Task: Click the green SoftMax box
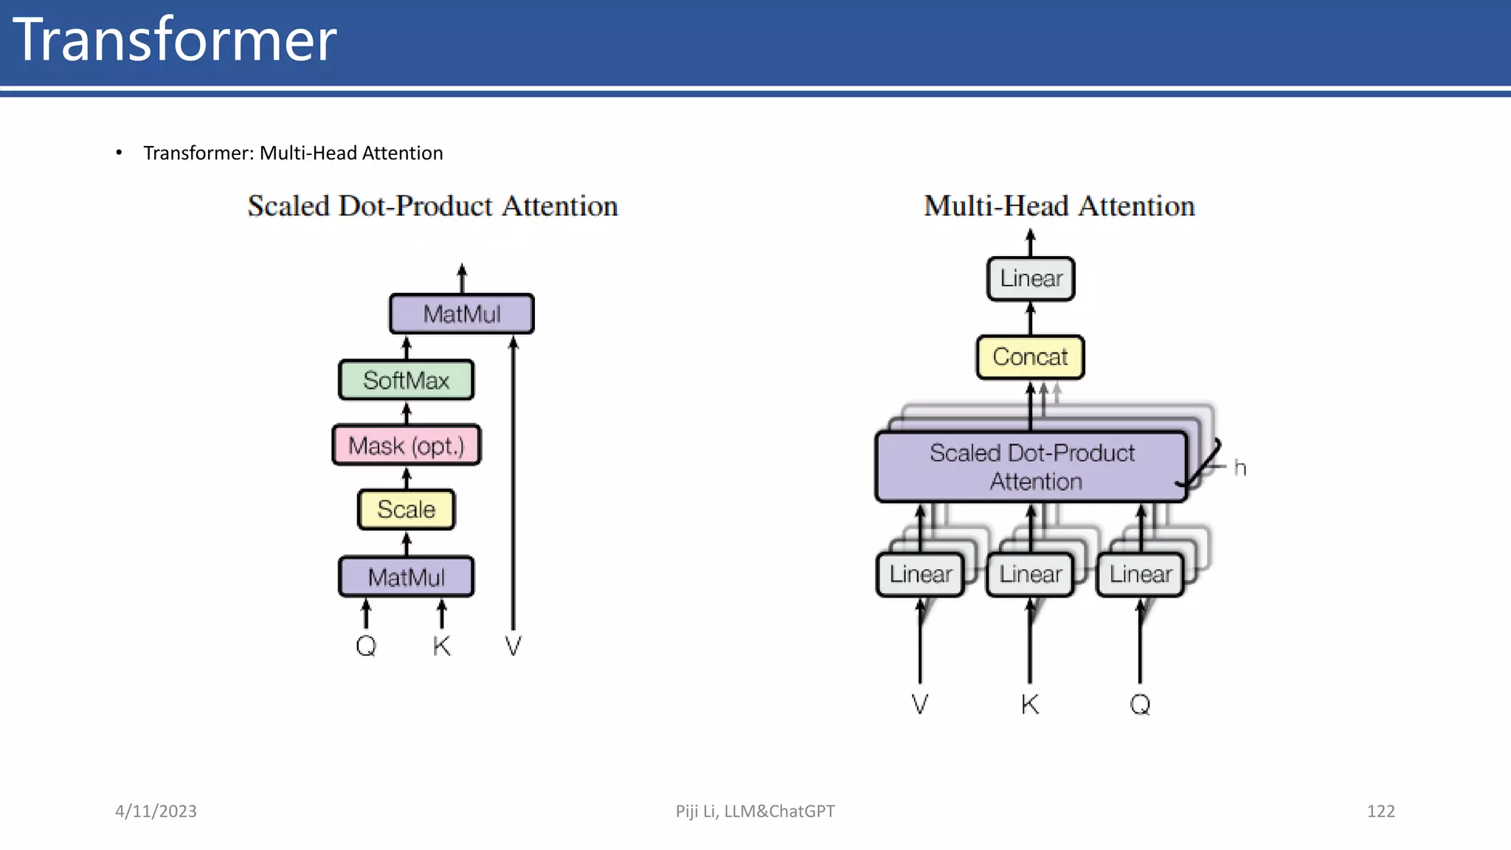[406, 380]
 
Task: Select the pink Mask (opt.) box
[406, 445]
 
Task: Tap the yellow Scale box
[406, 509]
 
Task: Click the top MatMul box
[461, 314]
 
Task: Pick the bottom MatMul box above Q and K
[406, 576]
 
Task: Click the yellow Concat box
[1030, 357]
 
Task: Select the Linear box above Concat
[1031, 279]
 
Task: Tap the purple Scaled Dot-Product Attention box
[1031, 466]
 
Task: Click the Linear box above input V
[920, 574]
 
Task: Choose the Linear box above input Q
[1140, 574]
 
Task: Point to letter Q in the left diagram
[366, 646]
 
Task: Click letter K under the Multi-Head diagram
[1030, 704]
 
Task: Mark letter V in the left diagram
[513, 646]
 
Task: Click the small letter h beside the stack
[1239, 468]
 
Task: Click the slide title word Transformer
[175, 40]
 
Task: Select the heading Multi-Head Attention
[1059, 206]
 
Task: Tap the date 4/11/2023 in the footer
[156, 811]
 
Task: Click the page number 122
[1380, 811]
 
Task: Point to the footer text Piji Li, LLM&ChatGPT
[755, 811]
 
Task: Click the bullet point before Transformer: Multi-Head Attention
[119, 153]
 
